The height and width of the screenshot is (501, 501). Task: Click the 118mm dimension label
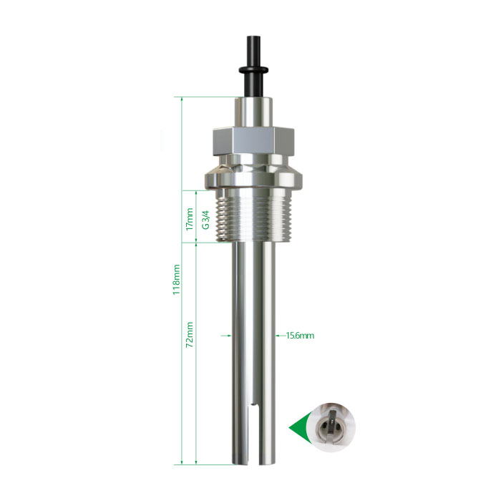coord(177,279)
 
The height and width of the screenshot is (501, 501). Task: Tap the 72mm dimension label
coord(190,334)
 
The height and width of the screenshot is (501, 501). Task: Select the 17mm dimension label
coord(190,219)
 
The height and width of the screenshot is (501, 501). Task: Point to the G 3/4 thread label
coord(205,220)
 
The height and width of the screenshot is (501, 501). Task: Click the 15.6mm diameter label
coord(300,336)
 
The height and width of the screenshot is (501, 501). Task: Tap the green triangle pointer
coord(298,427)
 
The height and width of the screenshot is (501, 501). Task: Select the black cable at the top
coord(253,66)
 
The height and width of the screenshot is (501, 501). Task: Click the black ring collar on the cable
coord(253,69)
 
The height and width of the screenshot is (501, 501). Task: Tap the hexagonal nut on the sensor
coord(253,141)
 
